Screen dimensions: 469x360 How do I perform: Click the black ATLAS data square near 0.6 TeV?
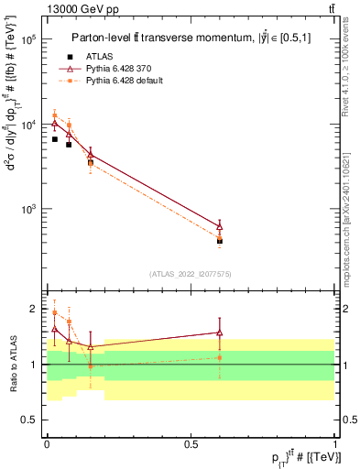[220, 241]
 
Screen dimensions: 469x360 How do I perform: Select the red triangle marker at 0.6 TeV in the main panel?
[220, 225]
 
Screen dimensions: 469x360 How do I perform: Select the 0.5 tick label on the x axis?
[191, 442]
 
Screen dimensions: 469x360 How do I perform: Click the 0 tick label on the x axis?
[47, 442]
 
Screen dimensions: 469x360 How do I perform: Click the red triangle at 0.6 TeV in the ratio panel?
[220, 333]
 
